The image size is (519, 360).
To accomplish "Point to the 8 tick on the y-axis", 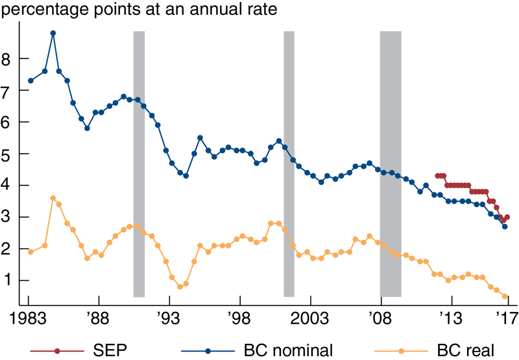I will click(7, 59).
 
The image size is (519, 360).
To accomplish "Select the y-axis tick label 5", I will click(7, 154).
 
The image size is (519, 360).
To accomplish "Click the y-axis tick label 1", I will click(7, 281).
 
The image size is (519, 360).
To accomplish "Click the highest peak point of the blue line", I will click(53, 33).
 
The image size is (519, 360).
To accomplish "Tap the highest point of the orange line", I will click(53, 198).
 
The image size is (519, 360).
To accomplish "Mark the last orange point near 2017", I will click(505, 296).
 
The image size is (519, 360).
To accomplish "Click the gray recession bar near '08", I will click(390, 162).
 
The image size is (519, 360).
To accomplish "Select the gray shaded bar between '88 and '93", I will click(138, 162).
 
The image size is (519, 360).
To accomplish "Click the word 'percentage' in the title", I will click(42, 11).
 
